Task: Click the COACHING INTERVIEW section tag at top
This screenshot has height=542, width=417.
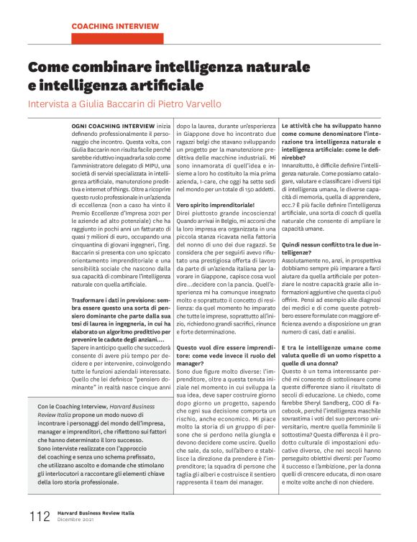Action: click(x=115, y=26)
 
